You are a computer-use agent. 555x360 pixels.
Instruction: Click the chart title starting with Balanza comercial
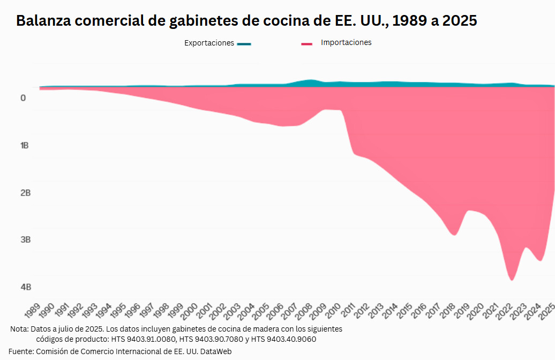246,21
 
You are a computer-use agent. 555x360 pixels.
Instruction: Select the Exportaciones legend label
209,43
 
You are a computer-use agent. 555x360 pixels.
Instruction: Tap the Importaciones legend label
346,42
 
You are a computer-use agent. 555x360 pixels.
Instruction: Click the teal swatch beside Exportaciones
244,44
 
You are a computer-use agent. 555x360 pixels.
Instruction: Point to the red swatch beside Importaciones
307,44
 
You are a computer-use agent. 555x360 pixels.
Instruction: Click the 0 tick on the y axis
23,98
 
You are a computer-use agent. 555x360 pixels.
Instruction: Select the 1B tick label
24,145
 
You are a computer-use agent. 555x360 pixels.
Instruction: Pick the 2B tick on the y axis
24,192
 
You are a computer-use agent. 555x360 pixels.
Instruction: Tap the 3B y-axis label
25,239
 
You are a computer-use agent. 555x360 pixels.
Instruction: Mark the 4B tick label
25,287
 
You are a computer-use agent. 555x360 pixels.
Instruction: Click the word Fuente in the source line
20,351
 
